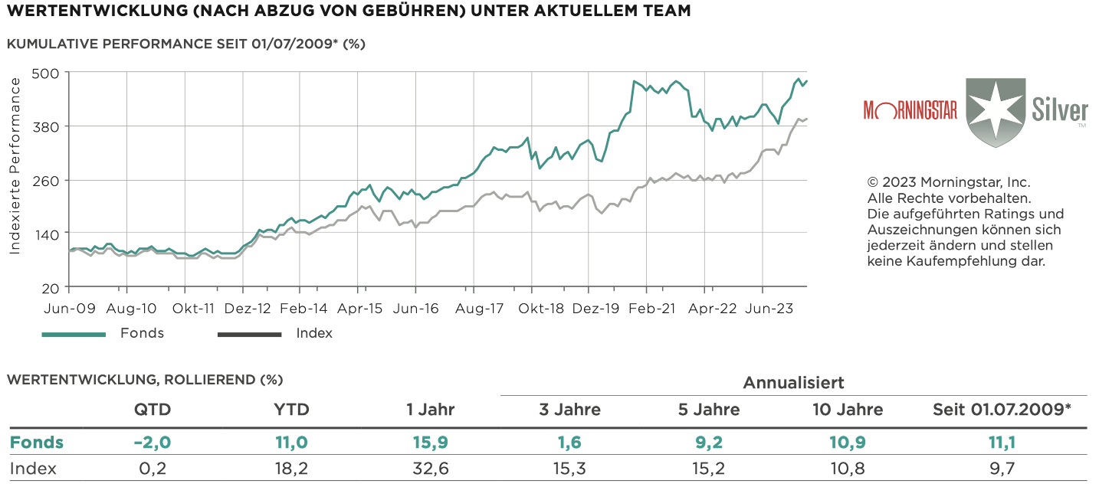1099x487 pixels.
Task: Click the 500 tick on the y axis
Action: point(50,73)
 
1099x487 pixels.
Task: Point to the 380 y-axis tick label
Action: point(50,126)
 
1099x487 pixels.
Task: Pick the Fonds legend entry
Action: point(142,333)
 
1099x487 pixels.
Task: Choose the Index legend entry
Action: point(314,333)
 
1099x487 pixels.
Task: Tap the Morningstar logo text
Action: point(910,110)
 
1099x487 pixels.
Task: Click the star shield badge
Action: point(995,112)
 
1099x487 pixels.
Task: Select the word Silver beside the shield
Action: point(1059,107)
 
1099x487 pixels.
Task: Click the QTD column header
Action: point(153,410)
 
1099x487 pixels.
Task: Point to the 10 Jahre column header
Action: point(848,410)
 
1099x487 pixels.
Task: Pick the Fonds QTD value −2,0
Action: point(153,442)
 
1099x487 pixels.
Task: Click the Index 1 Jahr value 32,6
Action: point(431,468)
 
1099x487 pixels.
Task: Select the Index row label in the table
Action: point(32,468)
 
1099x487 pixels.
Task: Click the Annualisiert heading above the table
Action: point(793,382)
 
